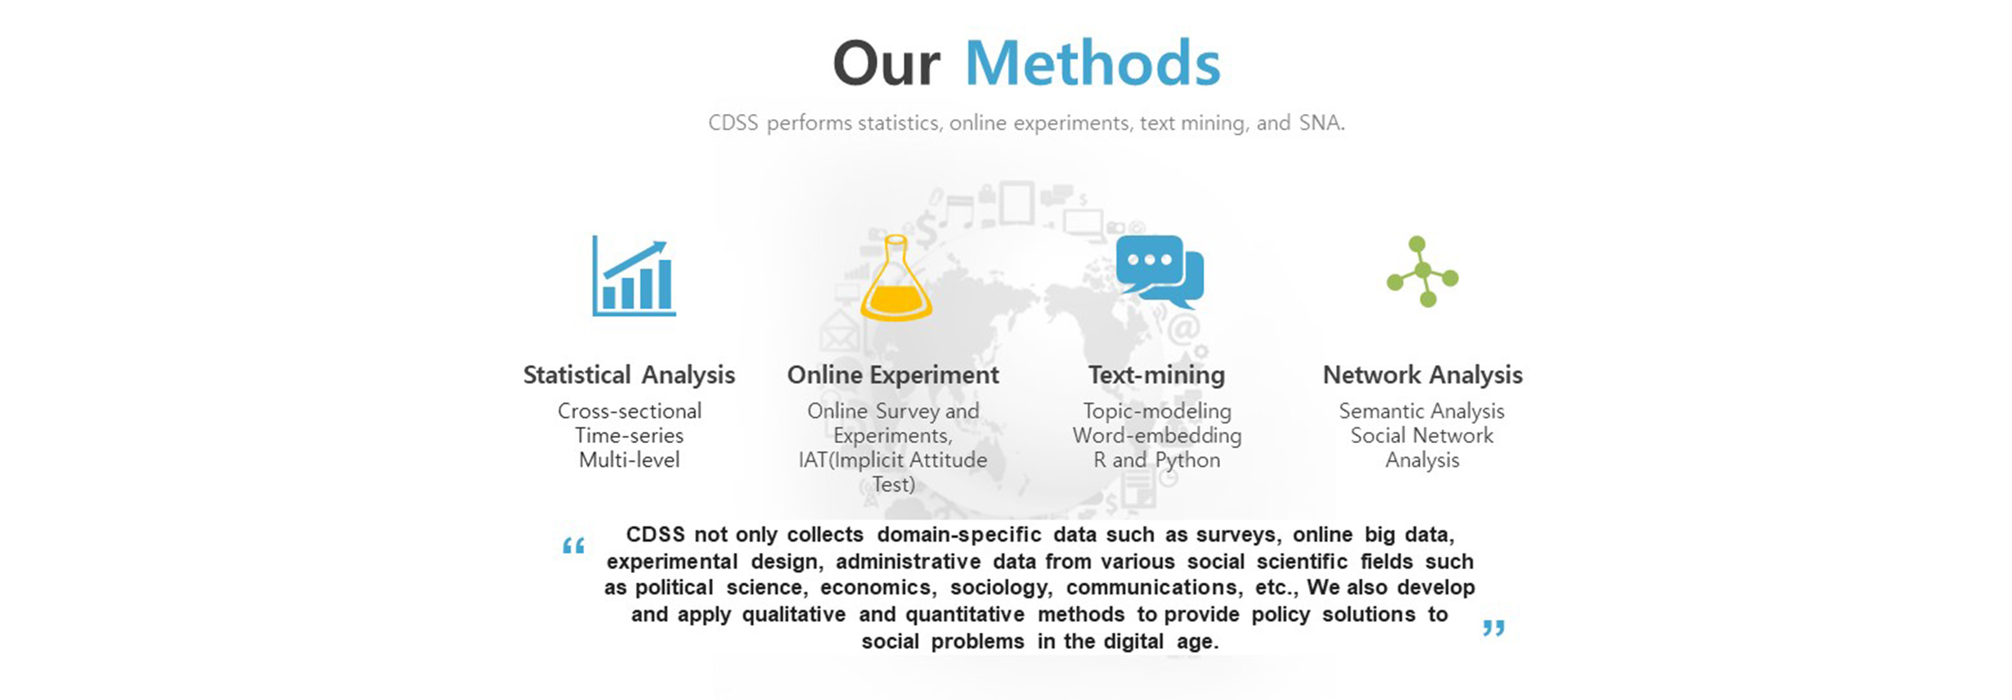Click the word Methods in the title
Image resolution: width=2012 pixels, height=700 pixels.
(x=1092, y=64)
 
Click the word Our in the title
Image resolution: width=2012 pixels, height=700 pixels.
(x=887, y=64)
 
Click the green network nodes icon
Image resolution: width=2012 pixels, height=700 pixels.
(x=1422, y=271)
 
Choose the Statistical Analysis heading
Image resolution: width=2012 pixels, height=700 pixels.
(x=630, y=375)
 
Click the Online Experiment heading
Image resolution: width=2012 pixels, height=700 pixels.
(x=893, y=375)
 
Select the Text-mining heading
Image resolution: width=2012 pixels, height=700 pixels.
(x=1157, y=375)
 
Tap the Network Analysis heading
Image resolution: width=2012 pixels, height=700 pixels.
(x=1422, y=375)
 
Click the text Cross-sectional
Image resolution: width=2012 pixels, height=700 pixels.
(x=630, y=411)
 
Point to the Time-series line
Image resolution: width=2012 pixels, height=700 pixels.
(x=630, y=435)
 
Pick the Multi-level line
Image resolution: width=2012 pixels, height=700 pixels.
(x=630, y=460)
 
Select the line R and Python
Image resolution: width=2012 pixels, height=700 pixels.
(x=1157, y=460)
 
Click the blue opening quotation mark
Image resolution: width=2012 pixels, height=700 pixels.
(x=573, y=546)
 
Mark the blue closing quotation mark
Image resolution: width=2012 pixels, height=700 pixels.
(x=1493, y=628)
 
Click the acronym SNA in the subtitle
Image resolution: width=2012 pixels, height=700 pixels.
(x=1320, y=123)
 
